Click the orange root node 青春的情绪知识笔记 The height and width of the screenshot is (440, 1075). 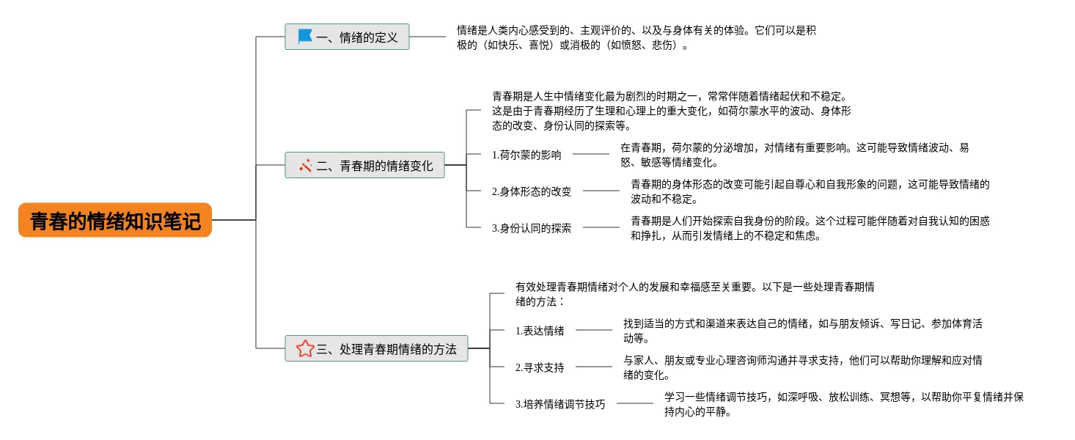click(115, 220)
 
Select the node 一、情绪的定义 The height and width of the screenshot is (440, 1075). click(347, 37)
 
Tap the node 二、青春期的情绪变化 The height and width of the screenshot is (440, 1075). click(364, 166)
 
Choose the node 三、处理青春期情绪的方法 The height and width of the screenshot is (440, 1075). click(376, 349)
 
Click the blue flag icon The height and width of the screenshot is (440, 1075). click(305, 36)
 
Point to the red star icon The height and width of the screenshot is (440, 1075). click(305, 349)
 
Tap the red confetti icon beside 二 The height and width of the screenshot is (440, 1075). click(306, 166)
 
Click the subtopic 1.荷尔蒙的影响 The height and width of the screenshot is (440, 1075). click(527, 155)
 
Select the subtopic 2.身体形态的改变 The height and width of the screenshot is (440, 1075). click(532, 191)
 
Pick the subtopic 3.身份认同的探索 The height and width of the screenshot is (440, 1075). click(532, 228)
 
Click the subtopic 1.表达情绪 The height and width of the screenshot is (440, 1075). click(540, 331)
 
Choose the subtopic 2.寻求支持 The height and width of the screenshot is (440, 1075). click(540, 367)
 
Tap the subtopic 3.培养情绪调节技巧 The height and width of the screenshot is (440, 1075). click(560, 404)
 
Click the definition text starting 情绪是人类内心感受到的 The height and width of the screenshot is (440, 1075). click(636, 37)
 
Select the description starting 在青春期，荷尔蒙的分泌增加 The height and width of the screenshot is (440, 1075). click(795, 155)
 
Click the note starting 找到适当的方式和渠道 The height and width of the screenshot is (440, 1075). click(802, 331)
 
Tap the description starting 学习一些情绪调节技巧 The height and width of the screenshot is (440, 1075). click(843, 404)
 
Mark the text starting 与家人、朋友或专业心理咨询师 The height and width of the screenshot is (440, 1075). click(802, 367)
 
